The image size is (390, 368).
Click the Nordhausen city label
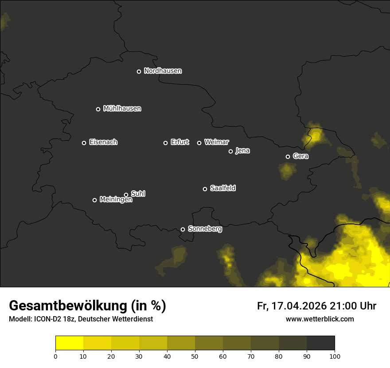163,71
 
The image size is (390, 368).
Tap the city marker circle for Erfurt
166,143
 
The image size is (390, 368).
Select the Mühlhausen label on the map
122,109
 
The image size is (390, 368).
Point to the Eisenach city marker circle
84,143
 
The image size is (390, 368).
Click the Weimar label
216,142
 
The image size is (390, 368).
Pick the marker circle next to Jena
230,151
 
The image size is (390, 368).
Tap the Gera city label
300,156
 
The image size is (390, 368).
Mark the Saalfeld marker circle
205,189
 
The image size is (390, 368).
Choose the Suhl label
138,194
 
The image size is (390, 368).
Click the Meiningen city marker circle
94,200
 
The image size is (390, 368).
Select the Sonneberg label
205,229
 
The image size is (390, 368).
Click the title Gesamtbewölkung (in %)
87,305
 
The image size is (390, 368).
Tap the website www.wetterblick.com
320,319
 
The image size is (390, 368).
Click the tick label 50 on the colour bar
195,356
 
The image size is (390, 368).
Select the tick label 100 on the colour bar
335,356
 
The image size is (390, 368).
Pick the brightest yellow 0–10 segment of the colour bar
69,343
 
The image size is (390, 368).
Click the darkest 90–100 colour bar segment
320,343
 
